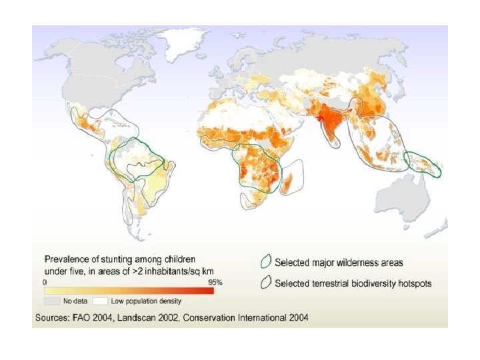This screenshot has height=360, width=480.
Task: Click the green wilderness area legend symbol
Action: (x=266, y=262)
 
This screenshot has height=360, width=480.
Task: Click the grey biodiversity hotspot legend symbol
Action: (x=266, y=283)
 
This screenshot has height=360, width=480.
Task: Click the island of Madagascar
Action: (x=288, y=179)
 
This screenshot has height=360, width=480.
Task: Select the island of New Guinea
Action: (x=422, y=162)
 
